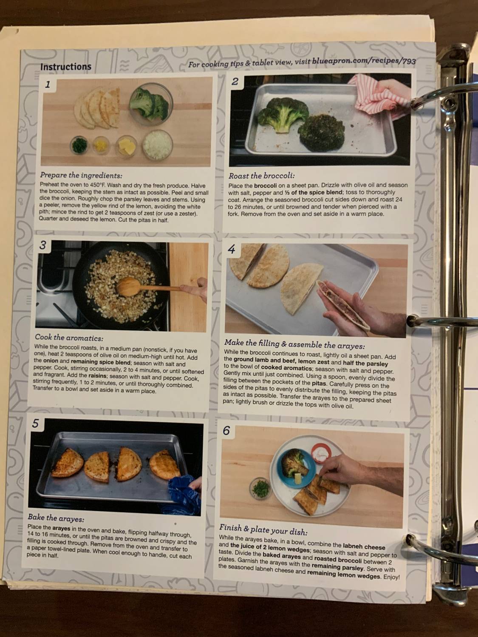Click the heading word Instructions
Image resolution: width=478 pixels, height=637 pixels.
[65, 67]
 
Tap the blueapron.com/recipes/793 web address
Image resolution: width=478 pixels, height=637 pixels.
[364, 62]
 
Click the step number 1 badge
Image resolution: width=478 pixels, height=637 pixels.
[48, 85]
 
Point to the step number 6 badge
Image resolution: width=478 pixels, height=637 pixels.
[226, 431]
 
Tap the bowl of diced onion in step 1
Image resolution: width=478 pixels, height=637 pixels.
[158, 145]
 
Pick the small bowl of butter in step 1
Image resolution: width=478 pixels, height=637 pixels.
[127, 147]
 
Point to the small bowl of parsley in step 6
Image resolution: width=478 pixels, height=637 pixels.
[260, 488]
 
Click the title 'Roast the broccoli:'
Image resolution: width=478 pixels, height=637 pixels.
[262, 176]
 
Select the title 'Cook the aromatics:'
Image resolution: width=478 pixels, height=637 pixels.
[69, 338]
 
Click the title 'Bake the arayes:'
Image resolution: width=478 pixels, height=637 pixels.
[56, 518]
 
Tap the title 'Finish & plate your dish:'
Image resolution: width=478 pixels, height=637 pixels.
[263, 530]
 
